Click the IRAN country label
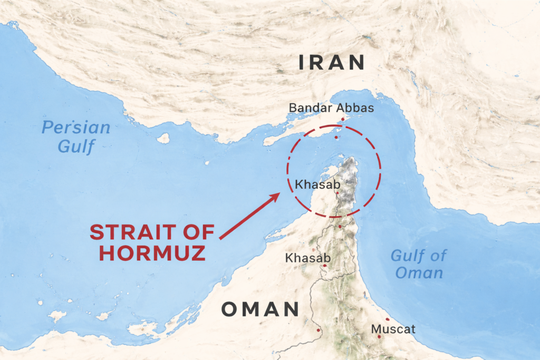point(332,63)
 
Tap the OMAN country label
point(260,309)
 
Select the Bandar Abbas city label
point(331,108)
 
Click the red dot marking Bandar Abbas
point(343,120)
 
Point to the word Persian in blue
point(76,128)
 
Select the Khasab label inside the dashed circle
point(317,184)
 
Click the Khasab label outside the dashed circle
point(307,258)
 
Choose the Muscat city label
point(393,329)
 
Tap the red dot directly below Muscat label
point(378,337)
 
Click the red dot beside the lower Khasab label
point(325,265)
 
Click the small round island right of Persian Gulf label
point(163,138)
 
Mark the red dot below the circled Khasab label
point(337,193)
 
